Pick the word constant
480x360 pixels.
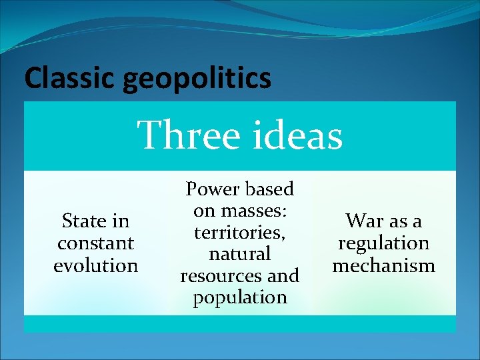pos(95,243)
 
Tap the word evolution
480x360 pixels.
pos(95,265)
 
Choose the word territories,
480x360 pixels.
pos(240,233)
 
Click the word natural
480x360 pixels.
pos(240,254)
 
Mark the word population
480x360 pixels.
pos(240,297)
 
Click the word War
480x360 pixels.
pos(365,221)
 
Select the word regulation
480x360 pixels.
pos(383,243)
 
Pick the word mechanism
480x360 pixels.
pos(383,265)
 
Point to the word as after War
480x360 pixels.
pos(401,221)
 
